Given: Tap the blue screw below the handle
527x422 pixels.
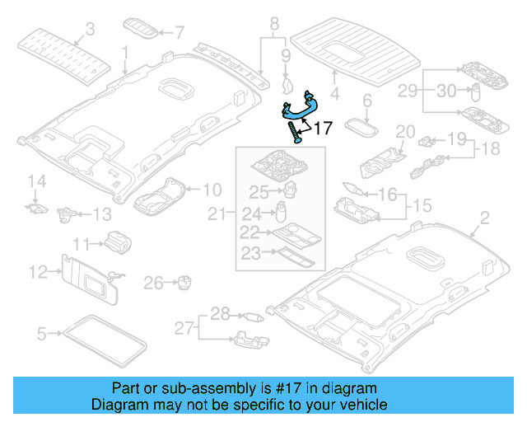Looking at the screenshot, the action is [x=295, y=132].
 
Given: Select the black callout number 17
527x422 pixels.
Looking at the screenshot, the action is [x=323, y=128].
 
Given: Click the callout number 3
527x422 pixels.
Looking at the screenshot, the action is [x=90, y=29].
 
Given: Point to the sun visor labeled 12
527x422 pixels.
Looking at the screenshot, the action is [x=89, y=279].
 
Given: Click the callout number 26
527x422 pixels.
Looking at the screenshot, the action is [x=153, y=283].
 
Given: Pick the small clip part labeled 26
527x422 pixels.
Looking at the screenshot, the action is [x=184, y=282].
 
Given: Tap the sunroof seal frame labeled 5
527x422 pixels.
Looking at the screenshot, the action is [x=105, y=340].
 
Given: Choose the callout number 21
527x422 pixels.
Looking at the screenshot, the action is [x=217, y=213].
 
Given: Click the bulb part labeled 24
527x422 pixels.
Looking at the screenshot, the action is [x=281, y=211].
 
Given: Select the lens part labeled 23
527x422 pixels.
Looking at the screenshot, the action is [x=295, y=256].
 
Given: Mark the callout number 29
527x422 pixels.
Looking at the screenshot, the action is [x=408, y=91].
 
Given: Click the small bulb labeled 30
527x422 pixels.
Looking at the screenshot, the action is [x=476, y=91].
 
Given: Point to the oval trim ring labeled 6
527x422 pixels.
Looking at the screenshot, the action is [x=361, y=127].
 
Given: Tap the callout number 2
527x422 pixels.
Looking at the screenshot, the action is [x=484, y=218].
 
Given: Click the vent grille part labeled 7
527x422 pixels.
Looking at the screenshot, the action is [x=141, y=28].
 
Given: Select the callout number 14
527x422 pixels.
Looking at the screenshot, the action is [x=36, y=181].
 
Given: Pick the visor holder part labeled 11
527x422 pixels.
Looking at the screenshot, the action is [x=118, y=242].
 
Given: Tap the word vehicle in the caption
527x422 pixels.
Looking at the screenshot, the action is [x=364, y=405].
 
